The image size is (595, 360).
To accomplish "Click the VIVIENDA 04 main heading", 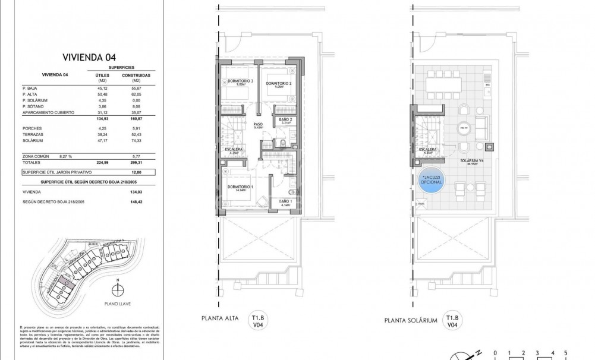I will click(89, 58).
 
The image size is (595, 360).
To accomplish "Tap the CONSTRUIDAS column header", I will click(136, 75).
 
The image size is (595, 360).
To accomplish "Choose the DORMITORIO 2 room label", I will click(278, 83).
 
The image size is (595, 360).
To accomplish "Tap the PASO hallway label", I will click(257, 125).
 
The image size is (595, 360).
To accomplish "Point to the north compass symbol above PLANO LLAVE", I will click(119, 289).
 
